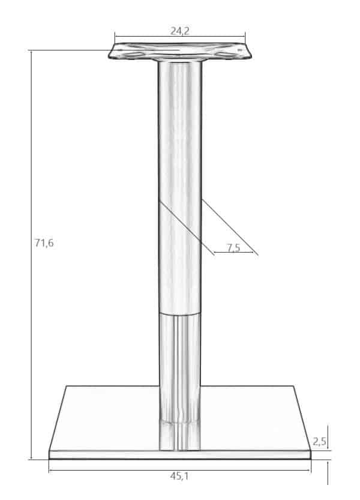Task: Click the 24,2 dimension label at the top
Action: point(180,31)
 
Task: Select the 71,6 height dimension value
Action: point(44,243)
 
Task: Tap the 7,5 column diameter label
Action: point(234,247)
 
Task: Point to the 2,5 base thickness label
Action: point(319,441)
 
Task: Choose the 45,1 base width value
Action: point(179,477)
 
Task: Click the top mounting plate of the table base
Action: point(180,52)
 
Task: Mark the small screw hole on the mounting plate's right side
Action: point(240,50)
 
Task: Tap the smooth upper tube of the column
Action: point(180,187)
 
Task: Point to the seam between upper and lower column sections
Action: point(180,314)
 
